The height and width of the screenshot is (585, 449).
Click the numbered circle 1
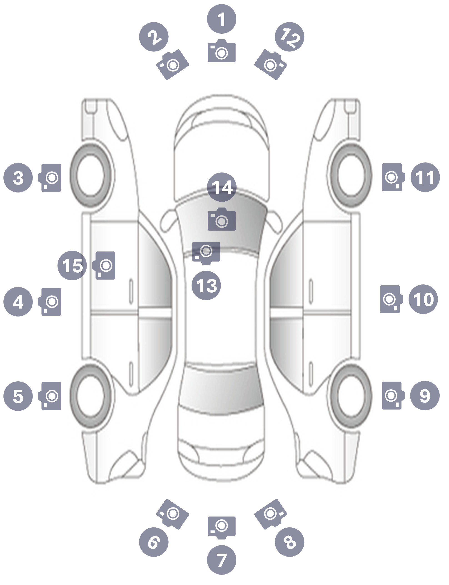222,19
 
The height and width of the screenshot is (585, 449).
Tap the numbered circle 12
289,37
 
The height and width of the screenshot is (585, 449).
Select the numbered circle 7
222,560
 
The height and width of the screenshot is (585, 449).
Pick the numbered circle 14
222,187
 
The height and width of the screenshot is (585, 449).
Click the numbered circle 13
206,285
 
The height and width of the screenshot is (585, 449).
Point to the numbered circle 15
72,266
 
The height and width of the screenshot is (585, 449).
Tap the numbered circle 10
423,299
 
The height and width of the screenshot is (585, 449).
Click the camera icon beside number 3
50,178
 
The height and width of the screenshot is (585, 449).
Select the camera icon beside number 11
394,177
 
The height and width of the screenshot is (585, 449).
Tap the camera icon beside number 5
50,396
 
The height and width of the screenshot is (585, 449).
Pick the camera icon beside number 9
393,395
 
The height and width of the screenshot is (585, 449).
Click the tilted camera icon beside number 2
173,64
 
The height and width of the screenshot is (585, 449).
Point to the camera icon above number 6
173,514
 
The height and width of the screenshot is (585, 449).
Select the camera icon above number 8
270,514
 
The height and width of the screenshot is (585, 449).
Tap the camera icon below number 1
222,51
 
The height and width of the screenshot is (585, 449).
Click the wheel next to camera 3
90,175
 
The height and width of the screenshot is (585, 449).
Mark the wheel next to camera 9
351,395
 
